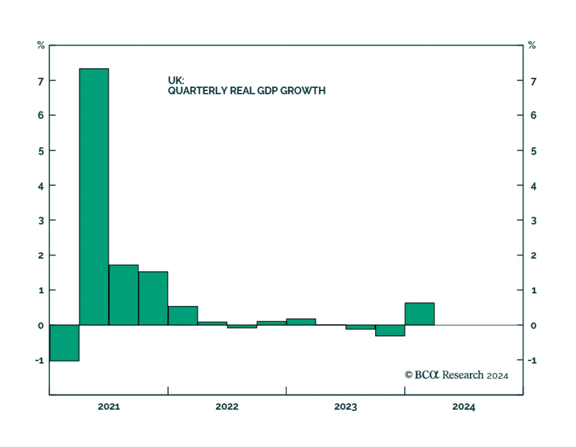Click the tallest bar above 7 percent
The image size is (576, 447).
tap(94, 196)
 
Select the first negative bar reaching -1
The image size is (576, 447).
tap(64, 342)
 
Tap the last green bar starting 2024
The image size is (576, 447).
tap(419, 314)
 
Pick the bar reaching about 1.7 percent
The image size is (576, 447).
tap(123, 295)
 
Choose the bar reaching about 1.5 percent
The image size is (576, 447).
tap(153, 298)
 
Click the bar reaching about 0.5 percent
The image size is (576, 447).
tap(183, 316)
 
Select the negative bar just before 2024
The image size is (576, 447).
tap(390, 331)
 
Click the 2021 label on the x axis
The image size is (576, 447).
tap(109, 407)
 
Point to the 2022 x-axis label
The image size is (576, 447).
tap(227, 407)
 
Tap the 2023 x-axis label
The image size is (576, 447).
tap(345, 407)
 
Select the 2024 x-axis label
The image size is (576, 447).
tap(464, 407)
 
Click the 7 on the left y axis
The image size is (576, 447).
tap(41, 81)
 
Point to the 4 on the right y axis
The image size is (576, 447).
tap(534, 186)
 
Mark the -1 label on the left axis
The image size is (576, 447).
tap(40, 360)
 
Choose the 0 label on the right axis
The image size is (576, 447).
tap(534, 326)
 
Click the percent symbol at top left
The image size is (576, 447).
tap(41, 45)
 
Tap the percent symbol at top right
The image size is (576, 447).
tap(532, 45)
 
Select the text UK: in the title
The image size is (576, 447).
tap(176, 80)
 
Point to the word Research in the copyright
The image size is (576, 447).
tap(463, 375)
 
